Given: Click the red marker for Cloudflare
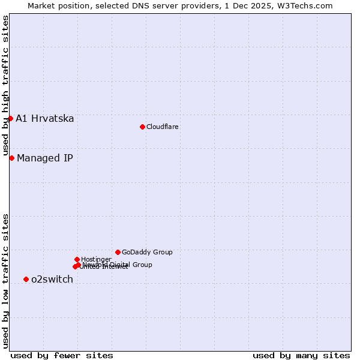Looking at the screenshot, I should pyautogui.click(x=142, y=127).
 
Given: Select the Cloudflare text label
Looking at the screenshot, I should pyautogui.click(x=162, y=127).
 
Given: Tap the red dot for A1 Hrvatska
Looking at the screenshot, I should pyautogui.click(x=10, y=118).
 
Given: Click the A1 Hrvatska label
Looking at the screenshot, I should pyautogui.click(x=45, y=118).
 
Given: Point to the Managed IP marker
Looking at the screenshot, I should pyautogui.click(x=11, y=158).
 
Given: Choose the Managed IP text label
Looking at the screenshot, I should pyautogui.click(x=45, y=158).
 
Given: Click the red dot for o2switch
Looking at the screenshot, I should pyautogui.click(x=26, y=279).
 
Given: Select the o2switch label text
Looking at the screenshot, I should pyautogui.click(x=52, y=279).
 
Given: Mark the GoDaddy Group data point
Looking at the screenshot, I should pyautogui.click(x=118, y=252).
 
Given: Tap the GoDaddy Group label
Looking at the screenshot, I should pyautogui.click(x=147, y=252).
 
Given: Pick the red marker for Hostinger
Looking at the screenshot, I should pyautogui.click(x=77, y=259).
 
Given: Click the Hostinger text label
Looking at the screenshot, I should pyautogui.click(x=96, y=259).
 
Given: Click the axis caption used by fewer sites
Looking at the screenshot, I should pyautogui.click(x=62, y=355).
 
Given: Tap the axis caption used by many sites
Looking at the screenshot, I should pyautogui.click(x=301, y=355).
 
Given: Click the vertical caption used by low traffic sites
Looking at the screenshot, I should pyautogui.click(x=5, y=281).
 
